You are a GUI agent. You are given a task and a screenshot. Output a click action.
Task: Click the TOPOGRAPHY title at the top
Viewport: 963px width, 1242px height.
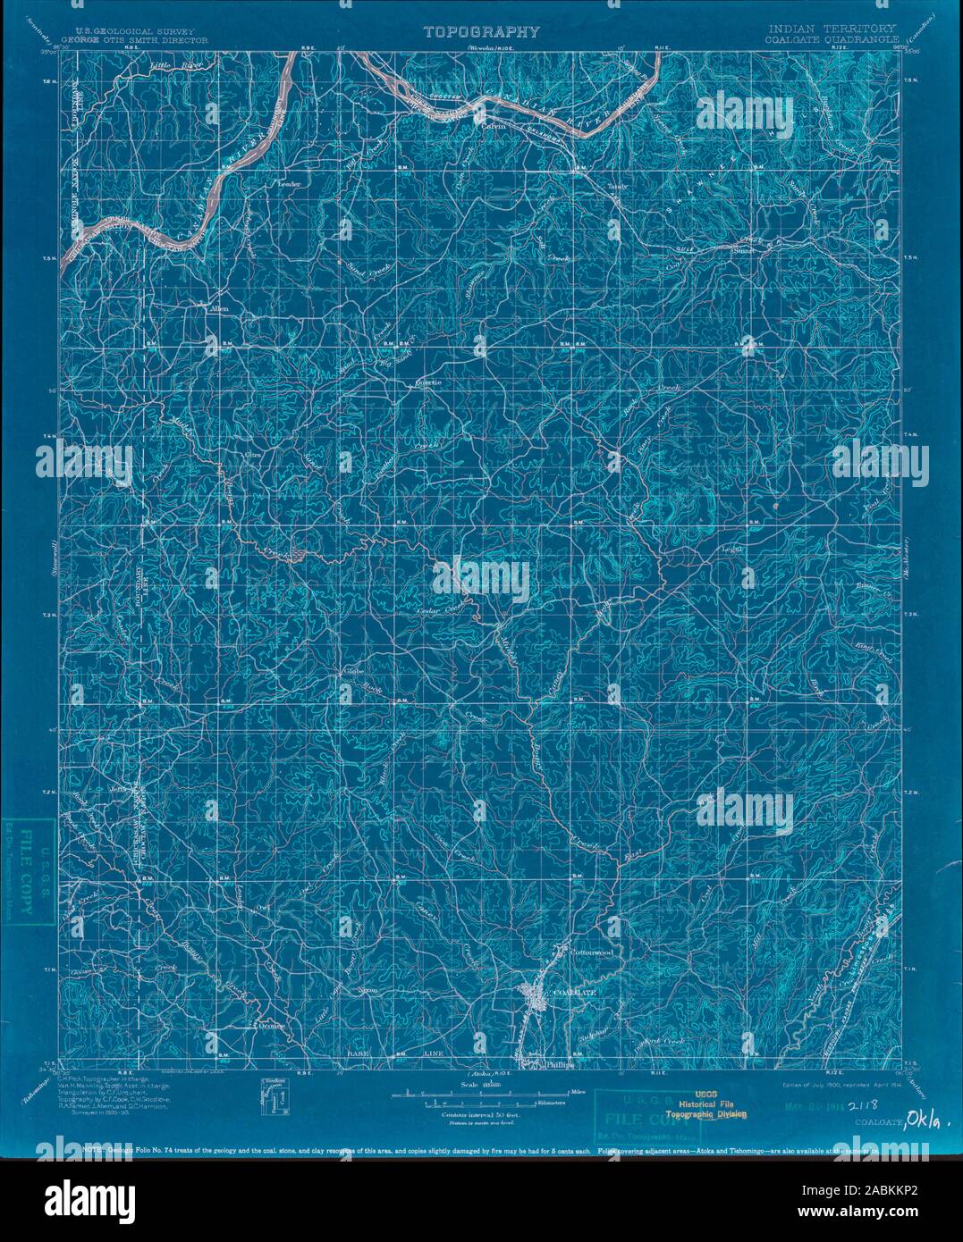coord(481,32)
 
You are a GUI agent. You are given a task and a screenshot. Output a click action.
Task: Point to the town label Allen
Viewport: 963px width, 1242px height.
coord(218,308)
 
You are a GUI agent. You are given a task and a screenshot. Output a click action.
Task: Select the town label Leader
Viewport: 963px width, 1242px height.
coord(290,184)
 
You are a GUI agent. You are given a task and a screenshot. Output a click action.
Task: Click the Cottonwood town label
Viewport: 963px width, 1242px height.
coord(592,953)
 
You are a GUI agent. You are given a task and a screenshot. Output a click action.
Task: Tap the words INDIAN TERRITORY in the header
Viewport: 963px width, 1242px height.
coord(832,29)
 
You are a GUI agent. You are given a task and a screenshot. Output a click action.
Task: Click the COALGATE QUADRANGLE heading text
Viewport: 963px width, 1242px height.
coord(832,40)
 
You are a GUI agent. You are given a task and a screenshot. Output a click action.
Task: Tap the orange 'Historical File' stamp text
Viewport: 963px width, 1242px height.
coord(712,1104)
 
